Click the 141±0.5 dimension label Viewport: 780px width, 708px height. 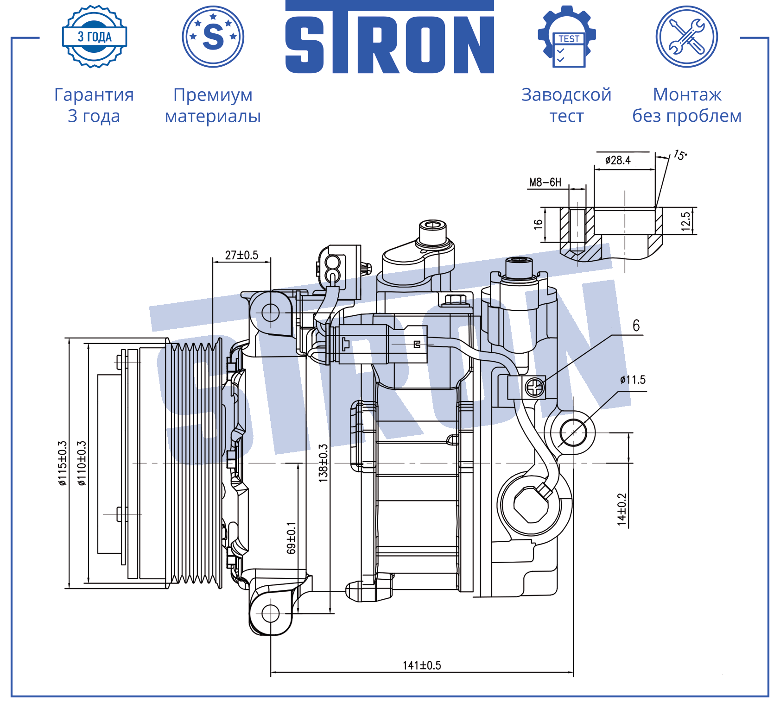(422, 665)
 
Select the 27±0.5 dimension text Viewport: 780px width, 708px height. (241, 255)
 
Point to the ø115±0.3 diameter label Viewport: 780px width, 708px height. (63, 463)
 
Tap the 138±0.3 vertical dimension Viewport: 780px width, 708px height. (323, 463)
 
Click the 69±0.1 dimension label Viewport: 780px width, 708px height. (291, 538)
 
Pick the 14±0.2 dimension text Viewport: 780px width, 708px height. (621, 509)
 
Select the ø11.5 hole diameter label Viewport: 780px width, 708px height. (633, 380)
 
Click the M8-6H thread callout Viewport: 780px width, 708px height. (545, 182)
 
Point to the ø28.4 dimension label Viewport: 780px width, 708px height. (618, 160)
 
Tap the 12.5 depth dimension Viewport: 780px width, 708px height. (686, 221)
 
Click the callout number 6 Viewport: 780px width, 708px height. (636, 326)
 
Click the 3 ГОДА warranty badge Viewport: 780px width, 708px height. (95, 37)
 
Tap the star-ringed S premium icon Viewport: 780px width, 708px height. (213, 37)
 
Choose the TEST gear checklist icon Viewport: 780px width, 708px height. (567, 37)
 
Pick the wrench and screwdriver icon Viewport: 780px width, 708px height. (687, 37)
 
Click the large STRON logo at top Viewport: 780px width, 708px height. (390, 37)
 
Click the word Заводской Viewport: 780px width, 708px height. (566, 95)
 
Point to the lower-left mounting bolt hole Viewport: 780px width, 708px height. (271, 614)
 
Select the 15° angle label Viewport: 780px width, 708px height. (680, 155)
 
